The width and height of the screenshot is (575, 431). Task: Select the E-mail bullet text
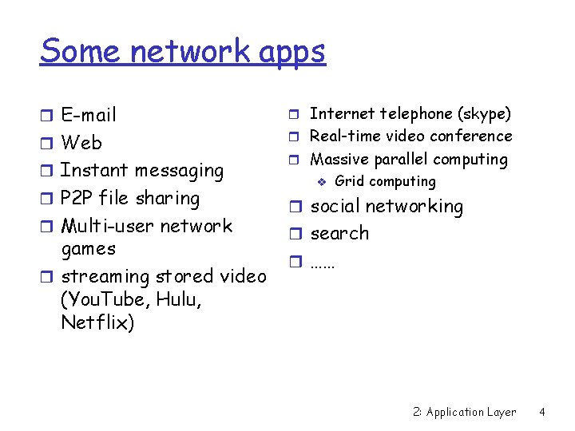tap(88, 115)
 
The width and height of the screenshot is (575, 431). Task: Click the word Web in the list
tap(81, 143)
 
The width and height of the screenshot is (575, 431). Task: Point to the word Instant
tap(94, 170)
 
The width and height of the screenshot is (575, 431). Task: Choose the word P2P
tap(77, 198)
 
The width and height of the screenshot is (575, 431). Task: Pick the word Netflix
tap(97, 323)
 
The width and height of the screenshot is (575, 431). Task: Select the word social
tap(335, 206)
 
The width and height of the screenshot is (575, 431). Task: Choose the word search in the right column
tap(339, 234)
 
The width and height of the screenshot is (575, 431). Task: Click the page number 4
tap(542, 412)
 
